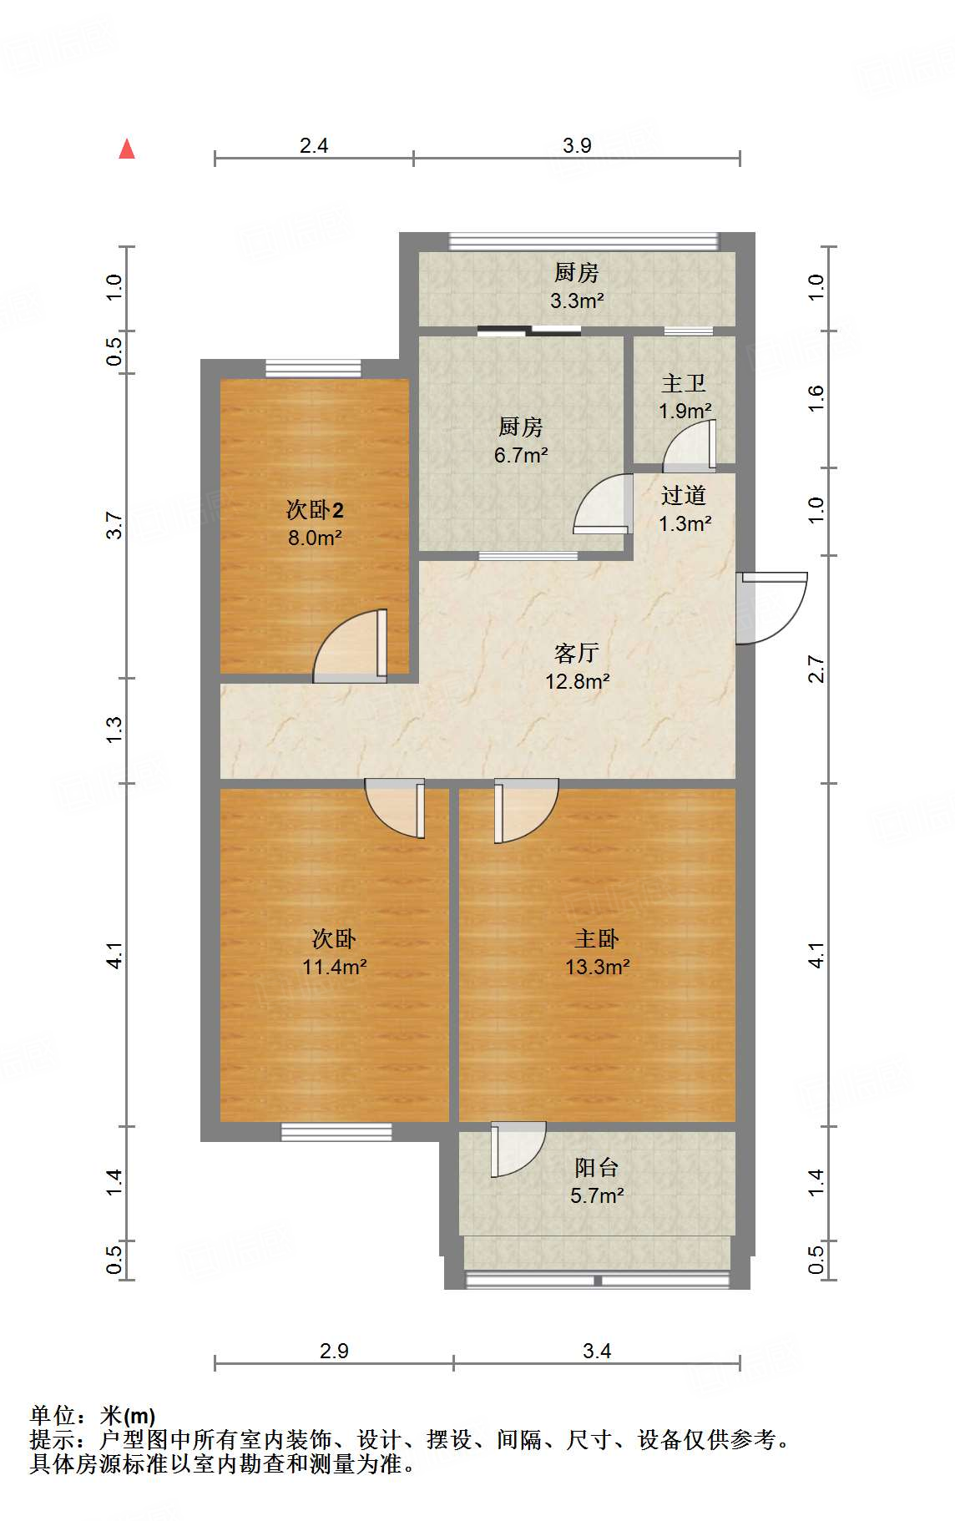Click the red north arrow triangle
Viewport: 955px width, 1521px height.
(x=127, y=149)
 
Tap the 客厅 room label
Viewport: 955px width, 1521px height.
(x=577, y=652)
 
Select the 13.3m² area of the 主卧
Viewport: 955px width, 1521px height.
(x=597, y=967)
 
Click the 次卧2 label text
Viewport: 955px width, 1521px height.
(x=315, y=509)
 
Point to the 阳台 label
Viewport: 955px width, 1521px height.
(x=597, y=1167)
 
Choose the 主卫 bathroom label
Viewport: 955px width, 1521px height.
(x=684, y=383)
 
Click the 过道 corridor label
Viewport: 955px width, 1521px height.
(x=684, y=495)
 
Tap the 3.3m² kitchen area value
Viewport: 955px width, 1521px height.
(x=577, y=301)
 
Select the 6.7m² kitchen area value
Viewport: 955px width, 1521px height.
(x=521, y=455)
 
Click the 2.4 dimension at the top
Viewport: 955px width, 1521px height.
(x=314, y=145)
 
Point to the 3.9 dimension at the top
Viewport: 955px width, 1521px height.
(x=577, y=145)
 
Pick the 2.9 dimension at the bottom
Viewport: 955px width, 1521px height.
(x=334, y=1350)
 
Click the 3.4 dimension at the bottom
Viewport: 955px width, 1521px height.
(x=597, y=1350)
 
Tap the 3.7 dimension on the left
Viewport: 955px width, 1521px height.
(x=114, y=526)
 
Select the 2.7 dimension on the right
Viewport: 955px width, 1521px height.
(x=816, y=670)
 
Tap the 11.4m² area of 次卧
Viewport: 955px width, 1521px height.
(x=335, y=967)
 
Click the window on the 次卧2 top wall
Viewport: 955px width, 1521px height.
(x=314, y=367)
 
